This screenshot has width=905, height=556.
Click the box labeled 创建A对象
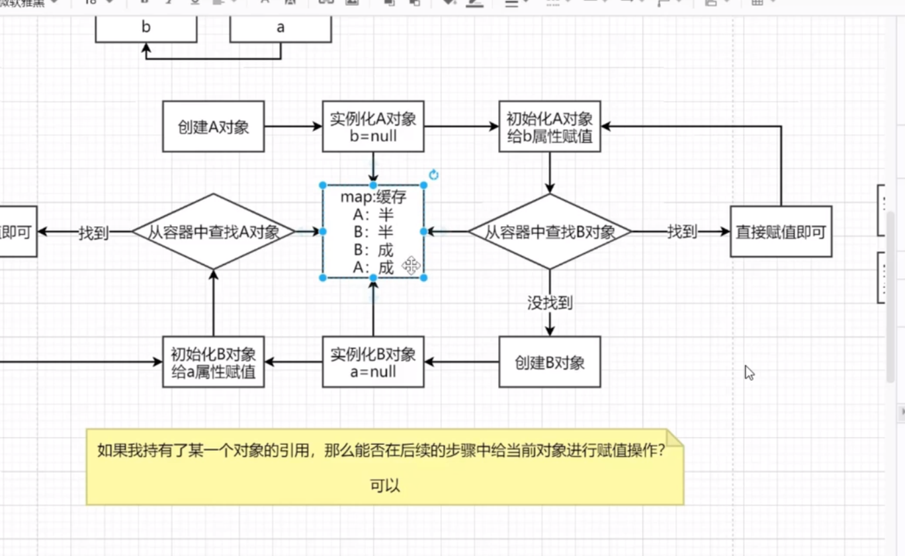pos(213,127)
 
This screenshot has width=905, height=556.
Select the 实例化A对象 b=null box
pos(373,127)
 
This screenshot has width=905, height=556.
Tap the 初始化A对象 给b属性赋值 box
pos(549,127)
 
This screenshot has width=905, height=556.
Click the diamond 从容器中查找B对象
pos(550,232)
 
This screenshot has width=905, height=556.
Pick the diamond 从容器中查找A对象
pos(213,232)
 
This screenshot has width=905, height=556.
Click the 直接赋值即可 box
pos(781,232)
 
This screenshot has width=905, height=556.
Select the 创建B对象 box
pos(549,362)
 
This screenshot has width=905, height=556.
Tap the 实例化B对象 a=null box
pos(373,362)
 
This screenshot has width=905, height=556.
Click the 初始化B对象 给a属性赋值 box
pos(213,362)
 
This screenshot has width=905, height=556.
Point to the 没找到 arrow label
pos(549,303)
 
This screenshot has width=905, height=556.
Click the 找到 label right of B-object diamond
pos(681,232)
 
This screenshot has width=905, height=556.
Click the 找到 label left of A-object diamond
pos(93,233)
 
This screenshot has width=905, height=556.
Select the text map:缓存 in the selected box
pos(373,197)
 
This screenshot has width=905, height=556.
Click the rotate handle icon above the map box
pos(434,175)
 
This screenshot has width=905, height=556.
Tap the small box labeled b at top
pos(146,28)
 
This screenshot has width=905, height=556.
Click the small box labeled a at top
pos(280,28)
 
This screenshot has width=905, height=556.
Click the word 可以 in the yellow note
pos(385,486)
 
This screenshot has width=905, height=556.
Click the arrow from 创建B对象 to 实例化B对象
pos(461,362)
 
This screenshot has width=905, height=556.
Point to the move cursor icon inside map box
pos(411,266)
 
